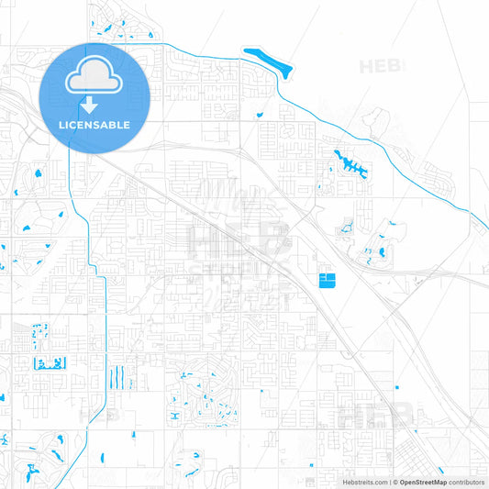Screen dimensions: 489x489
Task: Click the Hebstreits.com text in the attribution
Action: [364, 482]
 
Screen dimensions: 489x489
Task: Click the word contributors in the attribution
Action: [466, 482]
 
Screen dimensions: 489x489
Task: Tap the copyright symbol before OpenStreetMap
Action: [395, 482]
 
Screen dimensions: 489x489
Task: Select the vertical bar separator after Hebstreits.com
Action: [389, 482]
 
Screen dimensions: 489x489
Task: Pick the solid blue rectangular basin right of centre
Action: [327, 279]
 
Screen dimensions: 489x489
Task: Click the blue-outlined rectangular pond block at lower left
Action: [46, 363]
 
